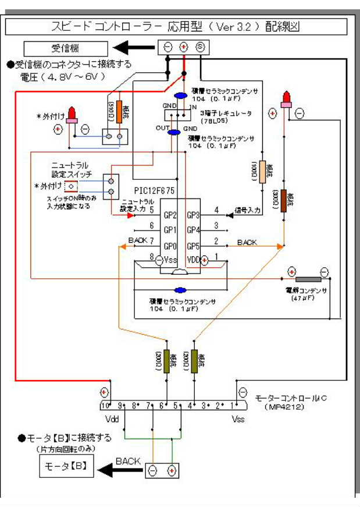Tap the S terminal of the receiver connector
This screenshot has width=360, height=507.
[199, 47]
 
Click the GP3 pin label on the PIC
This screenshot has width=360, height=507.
[193, 215]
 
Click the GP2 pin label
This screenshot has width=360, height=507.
[169, 215]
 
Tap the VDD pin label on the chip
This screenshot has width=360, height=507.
[194, 260]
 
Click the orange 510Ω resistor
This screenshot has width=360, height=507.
[119, 111]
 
